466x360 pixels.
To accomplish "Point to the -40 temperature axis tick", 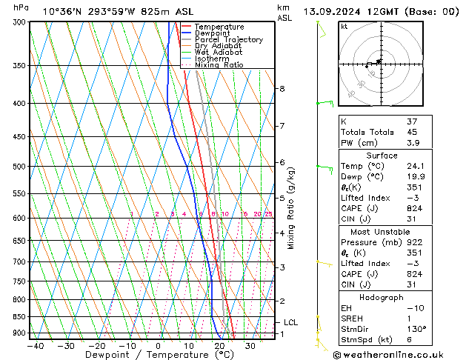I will pos(34,345).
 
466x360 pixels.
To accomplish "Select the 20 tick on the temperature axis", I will pos(219,345).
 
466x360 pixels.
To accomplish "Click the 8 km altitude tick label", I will pos(282,89).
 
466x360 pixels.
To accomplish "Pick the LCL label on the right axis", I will pos(290,323).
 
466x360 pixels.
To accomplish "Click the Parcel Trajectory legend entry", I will pos(228,40).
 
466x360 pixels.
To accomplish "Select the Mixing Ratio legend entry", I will pos(219,65).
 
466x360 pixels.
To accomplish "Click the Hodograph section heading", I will pos(382,297).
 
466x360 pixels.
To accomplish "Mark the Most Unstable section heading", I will pos(382,232).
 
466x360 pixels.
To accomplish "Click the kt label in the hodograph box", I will pos(344,26).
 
